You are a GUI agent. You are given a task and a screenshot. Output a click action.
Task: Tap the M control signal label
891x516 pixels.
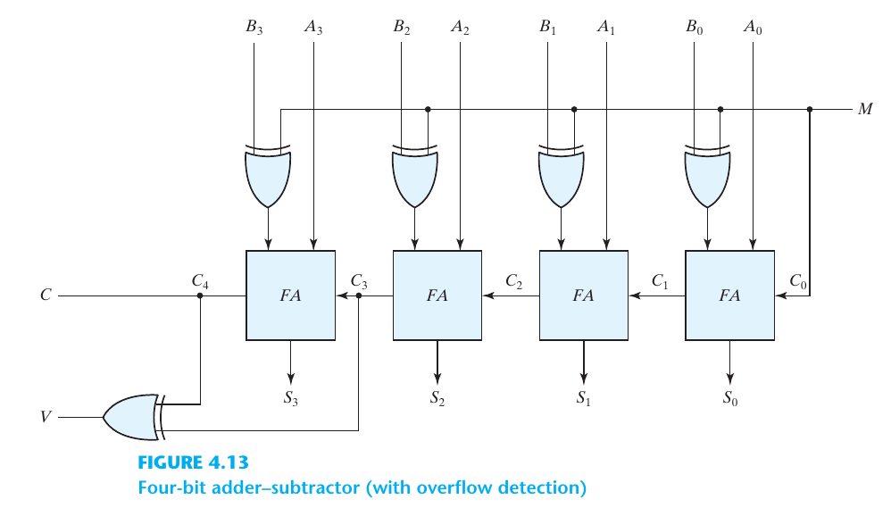tap(865, 110)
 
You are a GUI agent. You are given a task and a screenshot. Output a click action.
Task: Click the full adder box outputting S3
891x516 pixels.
tap(290, 295)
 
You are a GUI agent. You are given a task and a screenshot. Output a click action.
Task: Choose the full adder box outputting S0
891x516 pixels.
tap(729, 295)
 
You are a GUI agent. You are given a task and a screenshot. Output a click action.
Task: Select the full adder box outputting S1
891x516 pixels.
tap(583, 295)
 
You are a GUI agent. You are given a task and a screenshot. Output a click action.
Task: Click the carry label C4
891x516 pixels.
tap(201, 281)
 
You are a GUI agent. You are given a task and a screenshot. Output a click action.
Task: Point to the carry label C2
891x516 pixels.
tap(513, 281)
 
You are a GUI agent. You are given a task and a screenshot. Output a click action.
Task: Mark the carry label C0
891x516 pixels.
tap(799, 281)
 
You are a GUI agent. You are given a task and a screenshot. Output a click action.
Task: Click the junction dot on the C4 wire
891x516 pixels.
tap(200, 295)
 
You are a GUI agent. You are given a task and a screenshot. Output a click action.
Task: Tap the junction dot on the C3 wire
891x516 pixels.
tap(359, 295)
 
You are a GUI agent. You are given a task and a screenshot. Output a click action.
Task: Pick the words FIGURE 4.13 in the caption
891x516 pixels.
tap(192, 463)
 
